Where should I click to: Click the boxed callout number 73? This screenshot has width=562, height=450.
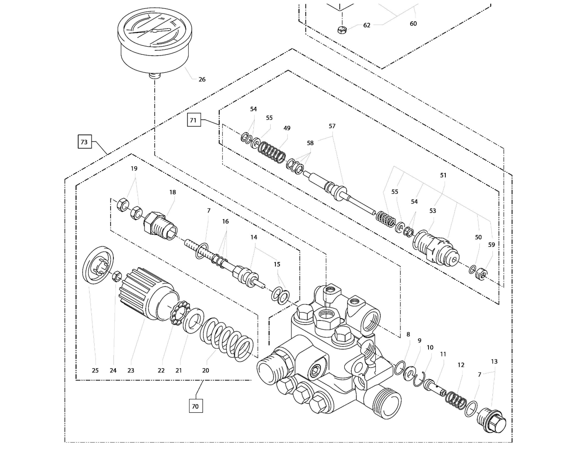(84, 142)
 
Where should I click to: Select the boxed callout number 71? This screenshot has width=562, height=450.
(194, 120)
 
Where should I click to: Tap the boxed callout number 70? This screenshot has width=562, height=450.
(195, 406)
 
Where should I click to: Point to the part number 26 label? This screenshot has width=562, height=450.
(202, 79)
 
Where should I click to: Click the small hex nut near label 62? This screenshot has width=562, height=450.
(342, 29)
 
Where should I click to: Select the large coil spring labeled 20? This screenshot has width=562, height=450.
(226, 339)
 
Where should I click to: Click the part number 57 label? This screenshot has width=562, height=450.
(332, 126)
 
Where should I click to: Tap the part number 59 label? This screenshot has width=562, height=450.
(491, 244)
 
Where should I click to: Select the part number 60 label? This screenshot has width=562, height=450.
(413, 24)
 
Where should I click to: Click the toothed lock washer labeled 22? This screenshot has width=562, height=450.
(179, 313)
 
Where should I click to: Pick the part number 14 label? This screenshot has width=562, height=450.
(254, 237)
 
